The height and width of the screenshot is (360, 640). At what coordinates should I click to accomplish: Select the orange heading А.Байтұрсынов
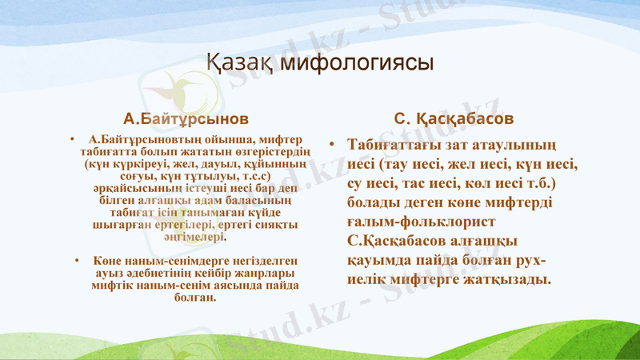point(180,118)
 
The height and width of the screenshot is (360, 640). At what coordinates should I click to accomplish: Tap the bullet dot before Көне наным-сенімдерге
point(74,261)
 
